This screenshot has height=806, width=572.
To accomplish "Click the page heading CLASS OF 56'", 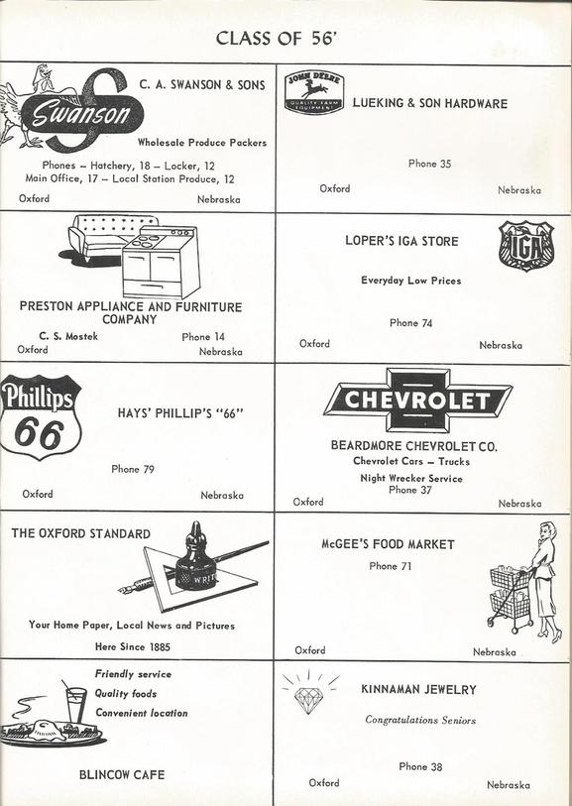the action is (x=277, y=39).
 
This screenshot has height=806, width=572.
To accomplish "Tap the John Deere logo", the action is (x=314, y=93).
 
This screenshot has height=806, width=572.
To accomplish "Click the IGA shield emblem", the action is (x=526, y=246).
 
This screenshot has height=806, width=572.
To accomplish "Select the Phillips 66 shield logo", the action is (x=40, y=416).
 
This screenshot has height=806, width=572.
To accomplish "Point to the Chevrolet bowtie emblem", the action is (x=417, y=401).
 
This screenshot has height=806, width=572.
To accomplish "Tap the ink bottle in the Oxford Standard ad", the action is (x=196, y=559).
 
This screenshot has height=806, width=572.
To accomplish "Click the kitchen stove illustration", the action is (x=161, y=263).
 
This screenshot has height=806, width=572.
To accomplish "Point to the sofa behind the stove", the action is (x=106, y=238).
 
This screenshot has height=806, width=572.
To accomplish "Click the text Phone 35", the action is (x=429, y=164).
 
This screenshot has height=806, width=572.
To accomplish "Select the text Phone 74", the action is (x=410, y=323).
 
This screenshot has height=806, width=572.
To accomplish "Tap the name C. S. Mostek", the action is (x=68, y=337).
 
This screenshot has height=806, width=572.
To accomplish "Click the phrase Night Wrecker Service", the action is (x=411, y=479).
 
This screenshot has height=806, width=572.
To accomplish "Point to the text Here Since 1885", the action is (x=133, y=646).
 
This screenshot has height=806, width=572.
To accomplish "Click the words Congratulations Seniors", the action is (x=420, y=720).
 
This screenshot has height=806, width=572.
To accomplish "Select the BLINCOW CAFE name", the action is (x=122, y=774).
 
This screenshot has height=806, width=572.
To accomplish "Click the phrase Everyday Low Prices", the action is (x=411, y=281).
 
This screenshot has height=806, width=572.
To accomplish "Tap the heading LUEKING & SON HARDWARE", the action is (x=429, y=103).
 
